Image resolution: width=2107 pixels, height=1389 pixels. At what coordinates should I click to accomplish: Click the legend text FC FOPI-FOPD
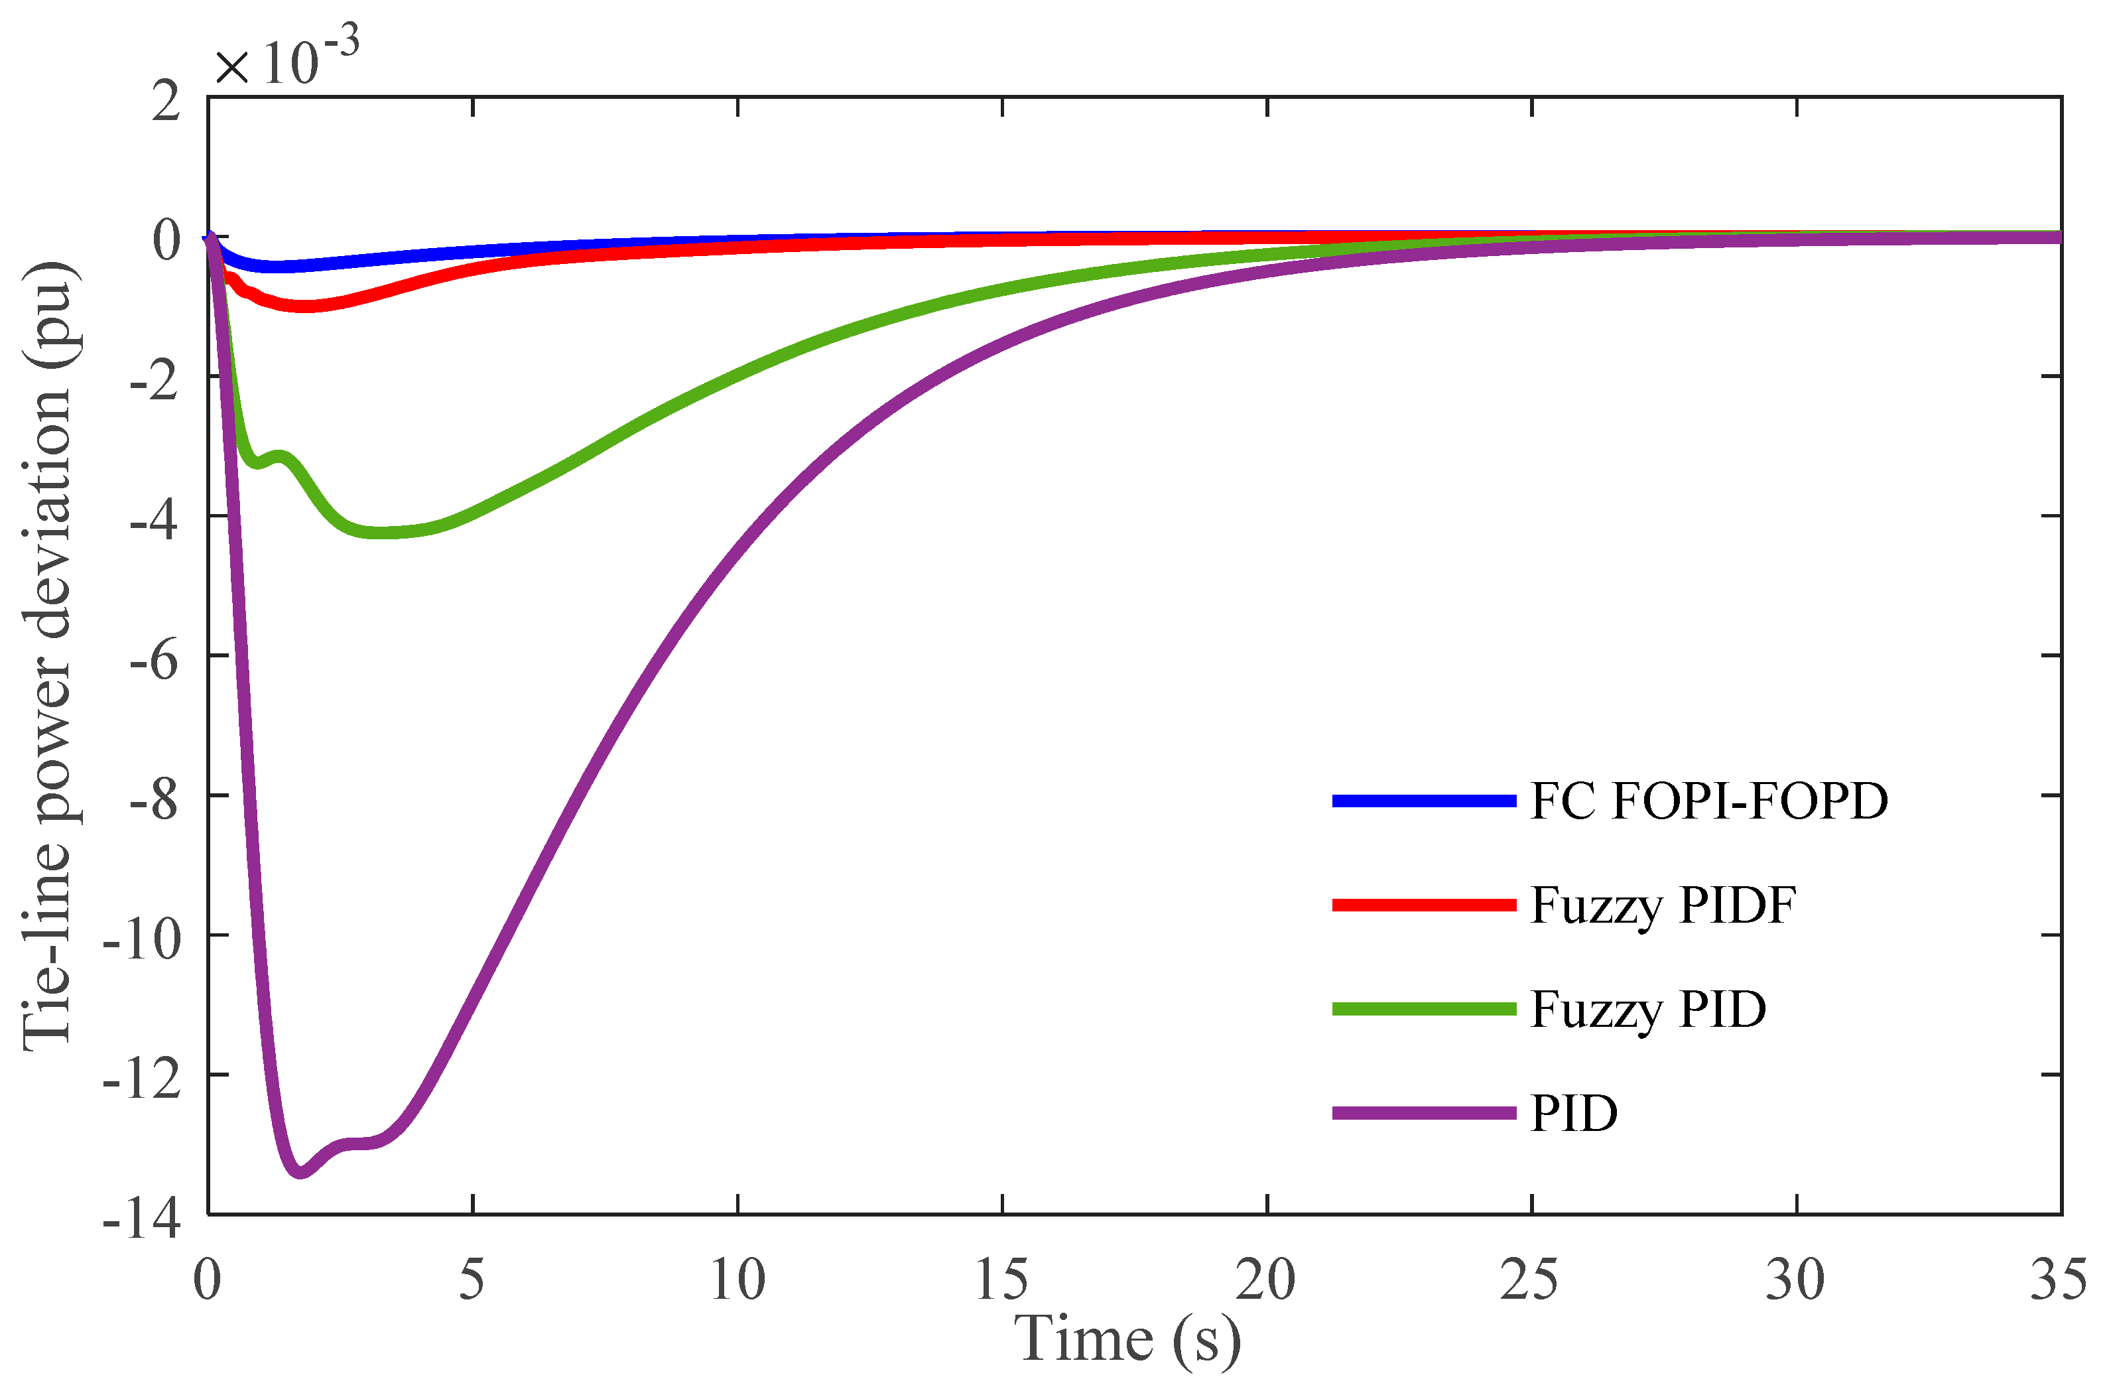point(1708,802)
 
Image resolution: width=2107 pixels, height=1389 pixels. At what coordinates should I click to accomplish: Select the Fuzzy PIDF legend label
point(1663,906)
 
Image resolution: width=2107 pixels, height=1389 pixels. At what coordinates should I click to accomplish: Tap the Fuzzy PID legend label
point(1647,1010)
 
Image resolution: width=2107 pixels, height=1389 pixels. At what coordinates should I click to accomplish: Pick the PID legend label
point(1574,1114)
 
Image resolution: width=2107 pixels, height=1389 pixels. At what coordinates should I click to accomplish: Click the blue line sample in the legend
point(1423,801)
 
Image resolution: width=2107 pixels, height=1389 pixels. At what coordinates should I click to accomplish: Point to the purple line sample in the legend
point(1423,1114)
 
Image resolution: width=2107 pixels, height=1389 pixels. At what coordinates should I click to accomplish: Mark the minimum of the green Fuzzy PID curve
point(381,533)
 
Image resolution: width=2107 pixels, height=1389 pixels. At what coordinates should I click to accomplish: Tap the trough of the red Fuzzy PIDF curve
point(306,306)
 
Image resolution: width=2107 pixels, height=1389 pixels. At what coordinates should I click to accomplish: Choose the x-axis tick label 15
point(1001,1280)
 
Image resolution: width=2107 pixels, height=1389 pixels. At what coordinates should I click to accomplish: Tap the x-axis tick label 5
point(472,1280)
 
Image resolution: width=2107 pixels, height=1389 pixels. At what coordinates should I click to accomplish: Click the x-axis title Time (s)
point(1127,1339)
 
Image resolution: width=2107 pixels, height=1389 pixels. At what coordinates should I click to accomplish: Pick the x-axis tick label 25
point(1529,1280)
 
